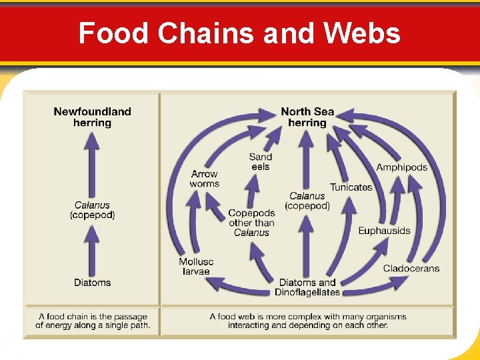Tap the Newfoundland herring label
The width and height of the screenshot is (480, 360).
(92, 117)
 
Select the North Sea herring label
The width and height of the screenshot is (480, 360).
(307, 117)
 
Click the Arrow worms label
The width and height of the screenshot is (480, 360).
(204, 179)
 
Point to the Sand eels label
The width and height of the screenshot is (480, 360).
(261, 161)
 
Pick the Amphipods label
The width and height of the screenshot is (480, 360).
(401, 167)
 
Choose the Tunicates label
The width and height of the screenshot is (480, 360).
(351, 187)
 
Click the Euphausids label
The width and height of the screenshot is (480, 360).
(384, 231)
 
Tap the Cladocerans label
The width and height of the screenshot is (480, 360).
(411, 268)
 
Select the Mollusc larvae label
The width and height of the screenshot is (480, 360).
(196, 267)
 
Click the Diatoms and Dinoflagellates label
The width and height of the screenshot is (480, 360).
(307, 287)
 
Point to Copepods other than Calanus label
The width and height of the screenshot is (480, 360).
(251, 223)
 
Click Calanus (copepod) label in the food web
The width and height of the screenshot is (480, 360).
(307, 201)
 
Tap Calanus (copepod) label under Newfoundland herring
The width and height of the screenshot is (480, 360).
(92, 210)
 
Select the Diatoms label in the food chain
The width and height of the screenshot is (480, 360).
(92, 283)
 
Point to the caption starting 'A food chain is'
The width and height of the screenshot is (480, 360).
(93, 321)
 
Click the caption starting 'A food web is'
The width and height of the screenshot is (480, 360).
(307, 321)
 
